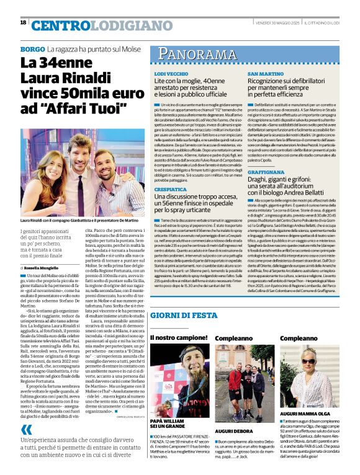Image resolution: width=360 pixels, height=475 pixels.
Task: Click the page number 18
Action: [x=23, y=23]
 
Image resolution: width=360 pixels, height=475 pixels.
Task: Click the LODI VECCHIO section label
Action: [x=171, y=73]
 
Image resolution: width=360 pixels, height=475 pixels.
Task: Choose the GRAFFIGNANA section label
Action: [x=272, y=171]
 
